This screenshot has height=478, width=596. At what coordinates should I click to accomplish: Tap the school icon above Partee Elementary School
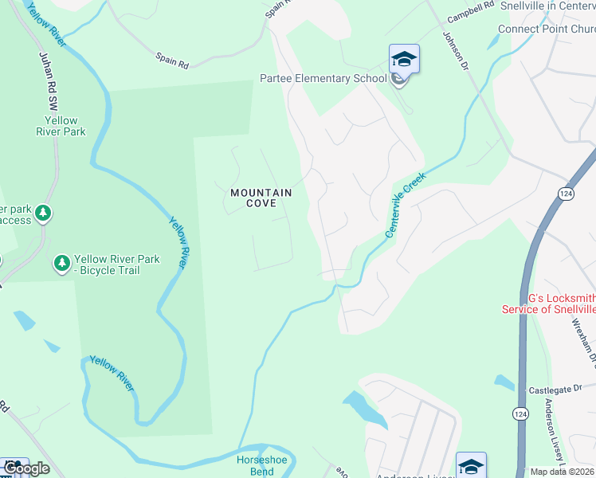[x=404, y=59]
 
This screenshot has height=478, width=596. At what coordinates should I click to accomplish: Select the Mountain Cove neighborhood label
[x=261, y=198]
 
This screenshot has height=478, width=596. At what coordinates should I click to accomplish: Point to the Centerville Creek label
[x=406, y=205]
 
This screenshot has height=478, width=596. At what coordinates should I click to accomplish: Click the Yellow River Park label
[x=61, y=126]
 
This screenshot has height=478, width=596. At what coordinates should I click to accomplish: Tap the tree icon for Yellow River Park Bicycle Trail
[x=61, y=263]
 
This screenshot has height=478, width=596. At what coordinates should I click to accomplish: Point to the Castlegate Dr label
[x=556, y=390]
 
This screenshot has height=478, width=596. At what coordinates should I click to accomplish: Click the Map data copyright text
[x=563, y=472]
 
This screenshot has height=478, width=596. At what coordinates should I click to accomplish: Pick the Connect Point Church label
[x=547, y=29]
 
